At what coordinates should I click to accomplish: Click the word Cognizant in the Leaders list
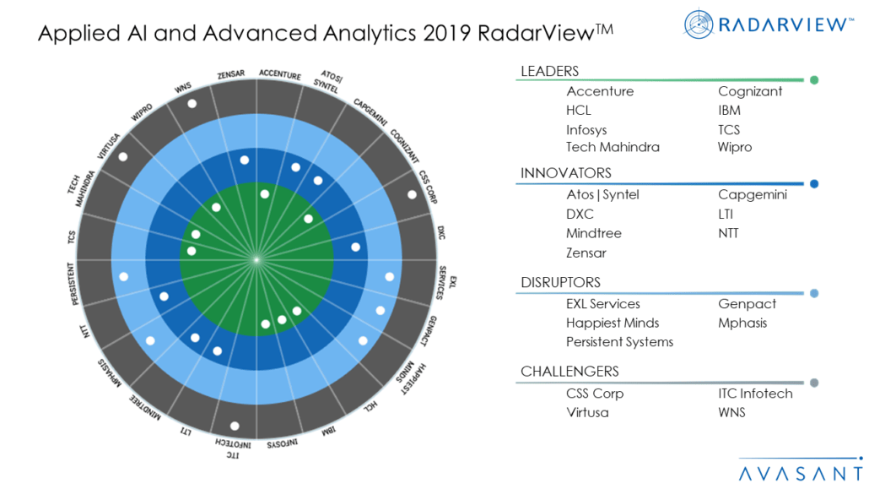point(750,91)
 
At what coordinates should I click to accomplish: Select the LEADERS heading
point(549,71)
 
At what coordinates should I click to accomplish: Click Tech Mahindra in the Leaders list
point(613,147)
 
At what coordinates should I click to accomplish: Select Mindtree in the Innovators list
point(593,233)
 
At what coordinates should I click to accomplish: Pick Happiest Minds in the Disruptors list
point(613,323)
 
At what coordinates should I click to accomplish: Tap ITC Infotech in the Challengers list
point(755,394)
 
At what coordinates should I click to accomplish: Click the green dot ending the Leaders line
point(814,80)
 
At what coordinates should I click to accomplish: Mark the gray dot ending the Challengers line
point(814,383)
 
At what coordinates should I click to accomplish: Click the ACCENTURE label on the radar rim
point(280,75)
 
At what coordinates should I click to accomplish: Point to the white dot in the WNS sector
point(192,104)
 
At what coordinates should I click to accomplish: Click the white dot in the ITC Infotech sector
point(235,426)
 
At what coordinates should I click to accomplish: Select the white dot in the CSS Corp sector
point(412,194)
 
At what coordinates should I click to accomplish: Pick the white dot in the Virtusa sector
point(124,157)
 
